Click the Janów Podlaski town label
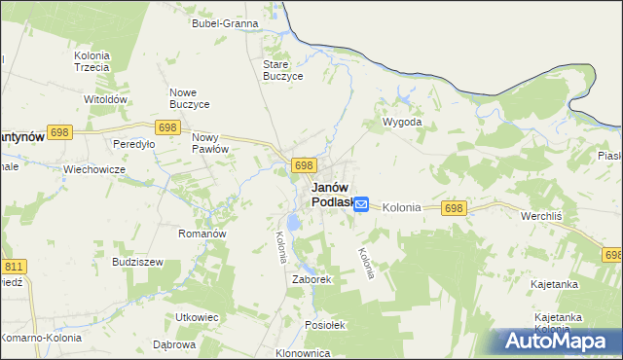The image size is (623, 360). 330,195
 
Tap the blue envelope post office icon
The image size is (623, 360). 361,204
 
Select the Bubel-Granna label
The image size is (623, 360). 225,22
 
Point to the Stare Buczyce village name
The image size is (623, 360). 283,70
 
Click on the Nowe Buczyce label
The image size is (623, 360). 190,97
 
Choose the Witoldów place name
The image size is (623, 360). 106,99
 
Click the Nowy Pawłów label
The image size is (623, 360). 209,143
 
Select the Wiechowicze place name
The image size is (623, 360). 94,168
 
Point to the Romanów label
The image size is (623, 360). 202,234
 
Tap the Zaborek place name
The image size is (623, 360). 312,279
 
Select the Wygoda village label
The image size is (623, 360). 402,123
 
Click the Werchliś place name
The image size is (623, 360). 544,213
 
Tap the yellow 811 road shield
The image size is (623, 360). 14,265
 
